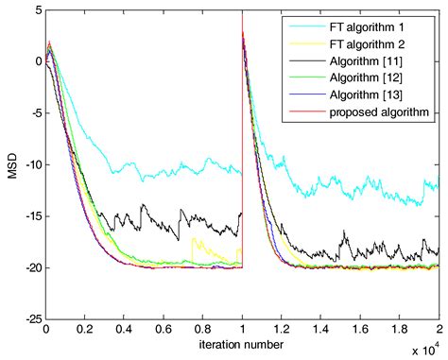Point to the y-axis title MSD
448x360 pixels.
click(10, 173)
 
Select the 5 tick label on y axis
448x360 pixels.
click(36, 10)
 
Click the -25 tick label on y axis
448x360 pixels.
click(30, 319)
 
